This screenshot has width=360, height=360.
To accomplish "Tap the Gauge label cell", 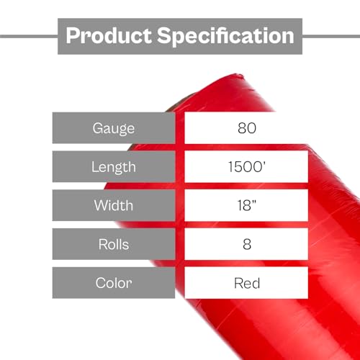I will [x=114, y=129].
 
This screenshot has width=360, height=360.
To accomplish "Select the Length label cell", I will [x=114, y=167].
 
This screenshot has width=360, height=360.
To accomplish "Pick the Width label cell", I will [x=114, y=205].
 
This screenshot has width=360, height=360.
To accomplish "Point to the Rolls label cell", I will [x=114, y=243].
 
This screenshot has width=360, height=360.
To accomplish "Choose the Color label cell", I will [x=114, y=282].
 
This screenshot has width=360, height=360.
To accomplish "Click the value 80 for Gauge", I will [x=247, y=129].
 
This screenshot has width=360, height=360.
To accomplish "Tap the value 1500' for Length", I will [x=247, y=167].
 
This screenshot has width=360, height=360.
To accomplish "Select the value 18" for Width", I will [x=247, y=205].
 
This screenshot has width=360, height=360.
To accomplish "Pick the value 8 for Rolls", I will [x=247, y=243].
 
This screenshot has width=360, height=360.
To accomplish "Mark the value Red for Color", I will [x=247, y=282].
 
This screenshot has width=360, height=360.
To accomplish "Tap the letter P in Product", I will [x=72, y=35].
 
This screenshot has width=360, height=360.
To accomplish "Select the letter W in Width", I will [x=99, y=205].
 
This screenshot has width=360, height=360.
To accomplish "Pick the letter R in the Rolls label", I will [x=101, y=243].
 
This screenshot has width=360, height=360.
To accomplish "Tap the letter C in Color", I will [x=100, y=282].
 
